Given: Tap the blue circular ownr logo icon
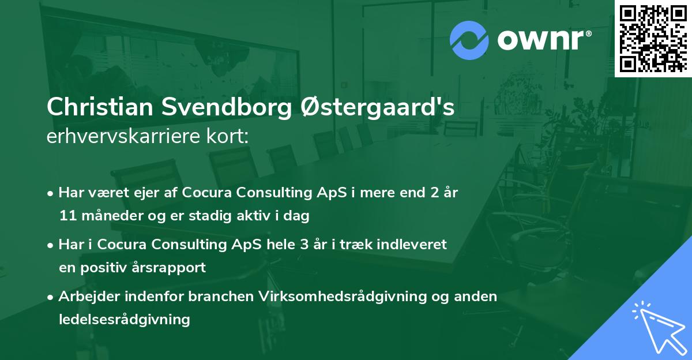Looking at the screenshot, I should point(469,40).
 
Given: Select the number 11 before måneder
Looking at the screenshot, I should point(66,216).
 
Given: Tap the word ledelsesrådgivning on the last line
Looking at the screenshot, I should point(125,320).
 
